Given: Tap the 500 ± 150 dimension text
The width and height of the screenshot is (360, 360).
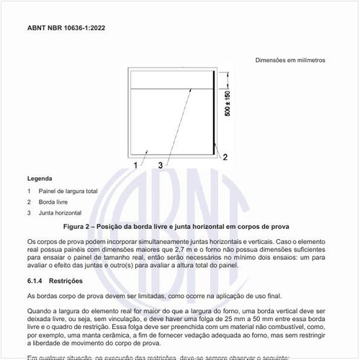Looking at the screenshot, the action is click(x=228, y=104).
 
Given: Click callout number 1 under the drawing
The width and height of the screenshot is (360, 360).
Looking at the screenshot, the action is click(x=135, y=165).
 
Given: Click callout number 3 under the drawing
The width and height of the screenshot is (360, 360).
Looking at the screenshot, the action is click(x=159, y=165).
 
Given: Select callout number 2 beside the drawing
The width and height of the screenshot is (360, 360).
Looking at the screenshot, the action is click(x=225, y=156).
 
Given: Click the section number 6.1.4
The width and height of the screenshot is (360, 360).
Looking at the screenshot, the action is click(x=37, y=280).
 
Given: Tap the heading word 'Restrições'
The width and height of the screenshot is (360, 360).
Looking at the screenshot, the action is click(x=68, y=280).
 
